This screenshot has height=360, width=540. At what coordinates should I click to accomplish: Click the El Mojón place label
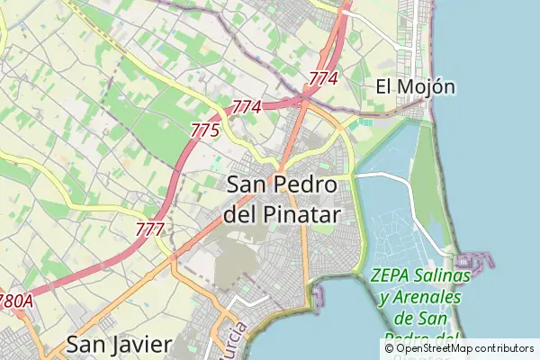415,87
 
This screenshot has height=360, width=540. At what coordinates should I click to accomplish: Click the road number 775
205,130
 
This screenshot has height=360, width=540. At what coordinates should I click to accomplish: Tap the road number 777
149,229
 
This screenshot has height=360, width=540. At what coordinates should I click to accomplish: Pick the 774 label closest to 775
246,107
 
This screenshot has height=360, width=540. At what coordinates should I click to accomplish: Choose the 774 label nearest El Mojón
322,79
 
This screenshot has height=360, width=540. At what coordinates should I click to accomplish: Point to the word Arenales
428,297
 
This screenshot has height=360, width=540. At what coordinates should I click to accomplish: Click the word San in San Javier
86,344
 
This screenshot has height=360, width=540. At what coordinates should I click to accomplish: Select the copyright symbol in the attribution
389,347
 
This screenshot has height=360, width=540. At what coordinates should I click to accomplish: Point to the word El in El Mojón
384,87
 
